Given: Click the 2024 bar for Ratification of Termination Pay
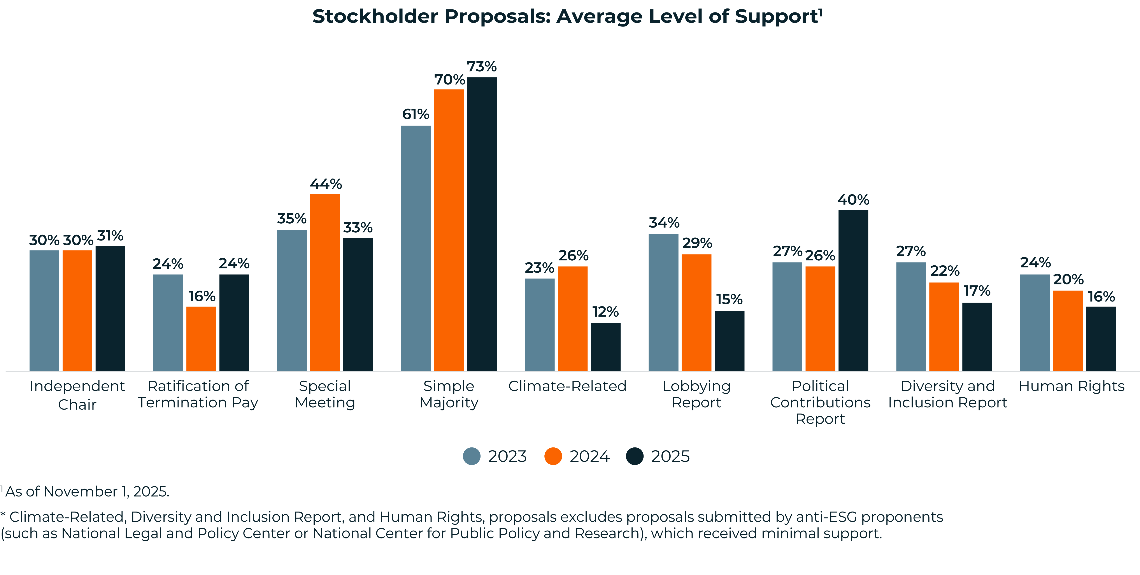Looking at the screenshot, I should [x=201, y=339].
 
